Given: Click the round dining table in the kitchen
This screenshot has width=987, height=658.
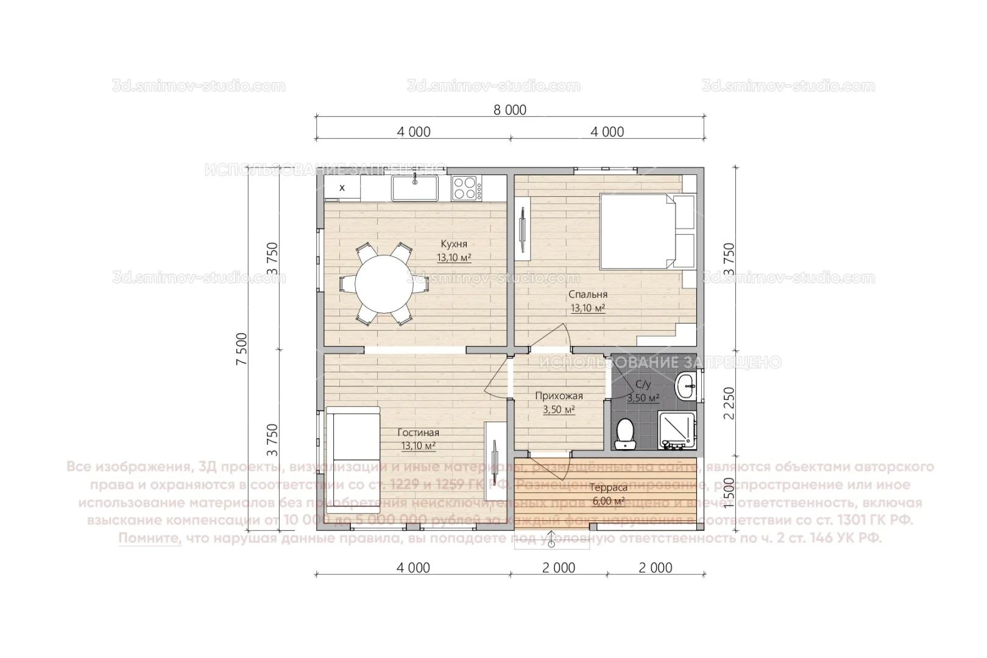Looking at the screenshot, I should pos(383,283).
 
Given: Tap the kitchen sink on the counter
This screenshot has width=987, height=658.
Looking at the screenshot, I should pos(414,188).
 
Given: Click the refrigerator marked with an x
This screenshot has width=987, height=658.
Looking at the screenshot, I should pos(342,188).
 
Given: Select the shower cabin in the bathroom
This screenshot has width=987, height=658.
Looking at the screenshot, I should pos(677,430).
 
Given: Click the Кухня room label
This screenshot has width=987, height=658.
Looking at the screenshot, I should pos(454,244).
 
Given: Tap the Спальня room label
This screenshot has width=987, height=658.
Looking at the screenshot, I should pos(588,294).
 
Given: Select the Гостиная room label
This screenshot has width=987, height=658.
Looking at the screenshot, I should pos(418,433).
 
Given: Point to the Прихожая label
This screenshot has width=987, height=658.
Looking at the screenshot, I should pos(559,396).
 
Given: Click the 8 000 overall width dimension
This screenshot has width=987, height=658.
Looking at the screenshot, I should pos(510,110).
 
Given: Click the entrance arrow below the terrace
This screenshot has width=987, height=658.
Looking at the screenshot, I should pos(551,539).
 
